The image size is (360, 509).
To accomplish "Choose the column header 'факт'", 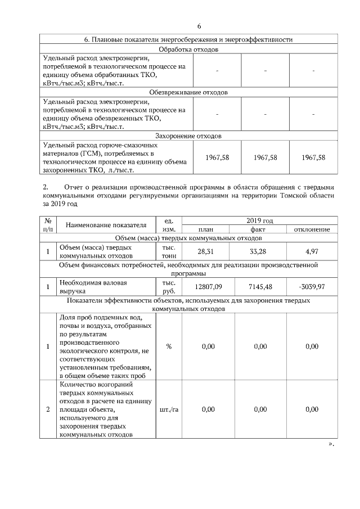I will coord(259,229).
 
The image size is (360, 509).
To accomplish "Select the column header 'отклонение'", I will coord(312,229).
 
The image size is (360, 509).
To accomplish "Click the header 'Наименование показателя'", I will coord(106,225).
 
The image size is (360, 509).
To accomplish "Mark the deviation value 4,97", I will coord(312,251).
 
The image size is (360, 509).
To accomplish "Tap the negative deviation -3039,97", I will coord(312,287).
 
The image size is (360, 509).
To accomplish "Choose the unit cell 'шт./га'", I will coord(169,409).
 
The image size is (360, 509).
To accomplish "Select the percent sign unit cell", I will coord(169,346).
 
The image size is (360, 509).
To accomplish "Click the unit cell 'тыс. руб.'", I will coord(169,287).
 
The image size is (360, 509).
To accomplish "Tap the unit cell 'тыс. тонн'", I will coord(169,251).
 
